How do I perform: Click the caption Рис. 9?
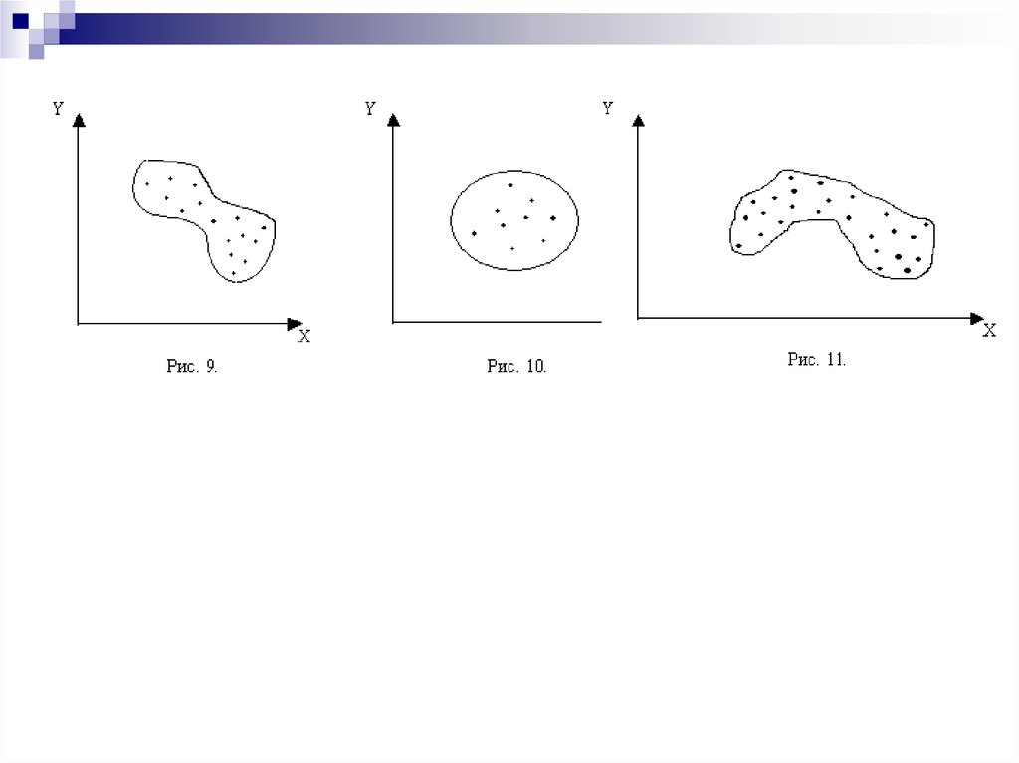[x=192, y=366]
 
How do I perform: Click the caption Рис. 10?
[x=516, y=366]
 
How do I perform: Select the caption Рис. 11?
[x=817, y=359]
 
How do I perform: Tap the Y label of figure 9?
[x=58, y=109]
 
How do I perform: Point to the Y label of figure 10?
[x=370, y=108]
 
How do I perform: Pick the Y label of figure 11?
[x=608, y=108]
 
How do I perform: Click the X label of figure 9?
[x=305, y=336]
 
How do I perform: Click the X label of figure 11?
[x=989, y=331]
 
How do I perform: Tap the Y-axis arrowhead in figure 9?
[x=79, y=120]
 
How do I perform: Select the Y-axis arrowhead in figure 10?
[x=392, y=119]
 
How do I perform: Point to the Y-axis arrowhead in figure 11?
[x=638, y=120]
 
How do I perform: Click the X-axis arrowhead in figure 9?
[x=295, y=323]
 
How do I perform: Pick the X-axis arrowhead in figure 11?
[x=977, y=318]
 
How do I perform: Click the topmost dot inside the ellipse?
[x=510, y=185]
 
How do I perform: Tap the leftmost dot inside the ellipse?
[x=474, y=233]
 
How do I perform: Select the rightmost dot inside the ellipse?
[x=553, y=218]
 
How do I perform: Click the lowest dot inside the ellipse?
[x=512, y=249]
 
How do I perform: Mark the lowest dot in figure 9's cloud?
[x=233, y=273]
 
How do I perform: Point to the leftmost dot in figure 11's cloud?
[x=739, y=246]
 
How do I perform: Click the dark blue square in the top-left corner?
[x=21, y=21]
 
